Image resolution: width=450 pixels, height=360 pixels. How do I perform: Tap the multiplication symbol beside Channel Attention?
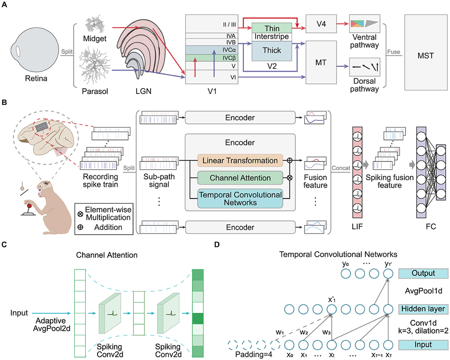click(x=289, y=178)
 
